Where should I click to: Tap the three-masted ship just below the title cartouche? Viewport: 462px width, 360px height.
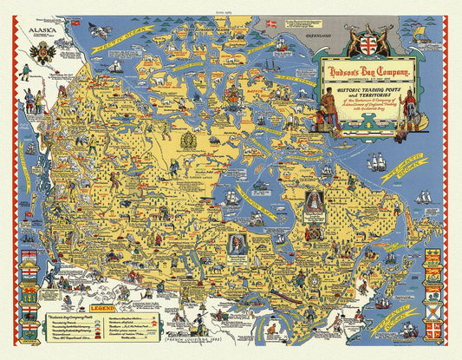click(379, 161)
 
